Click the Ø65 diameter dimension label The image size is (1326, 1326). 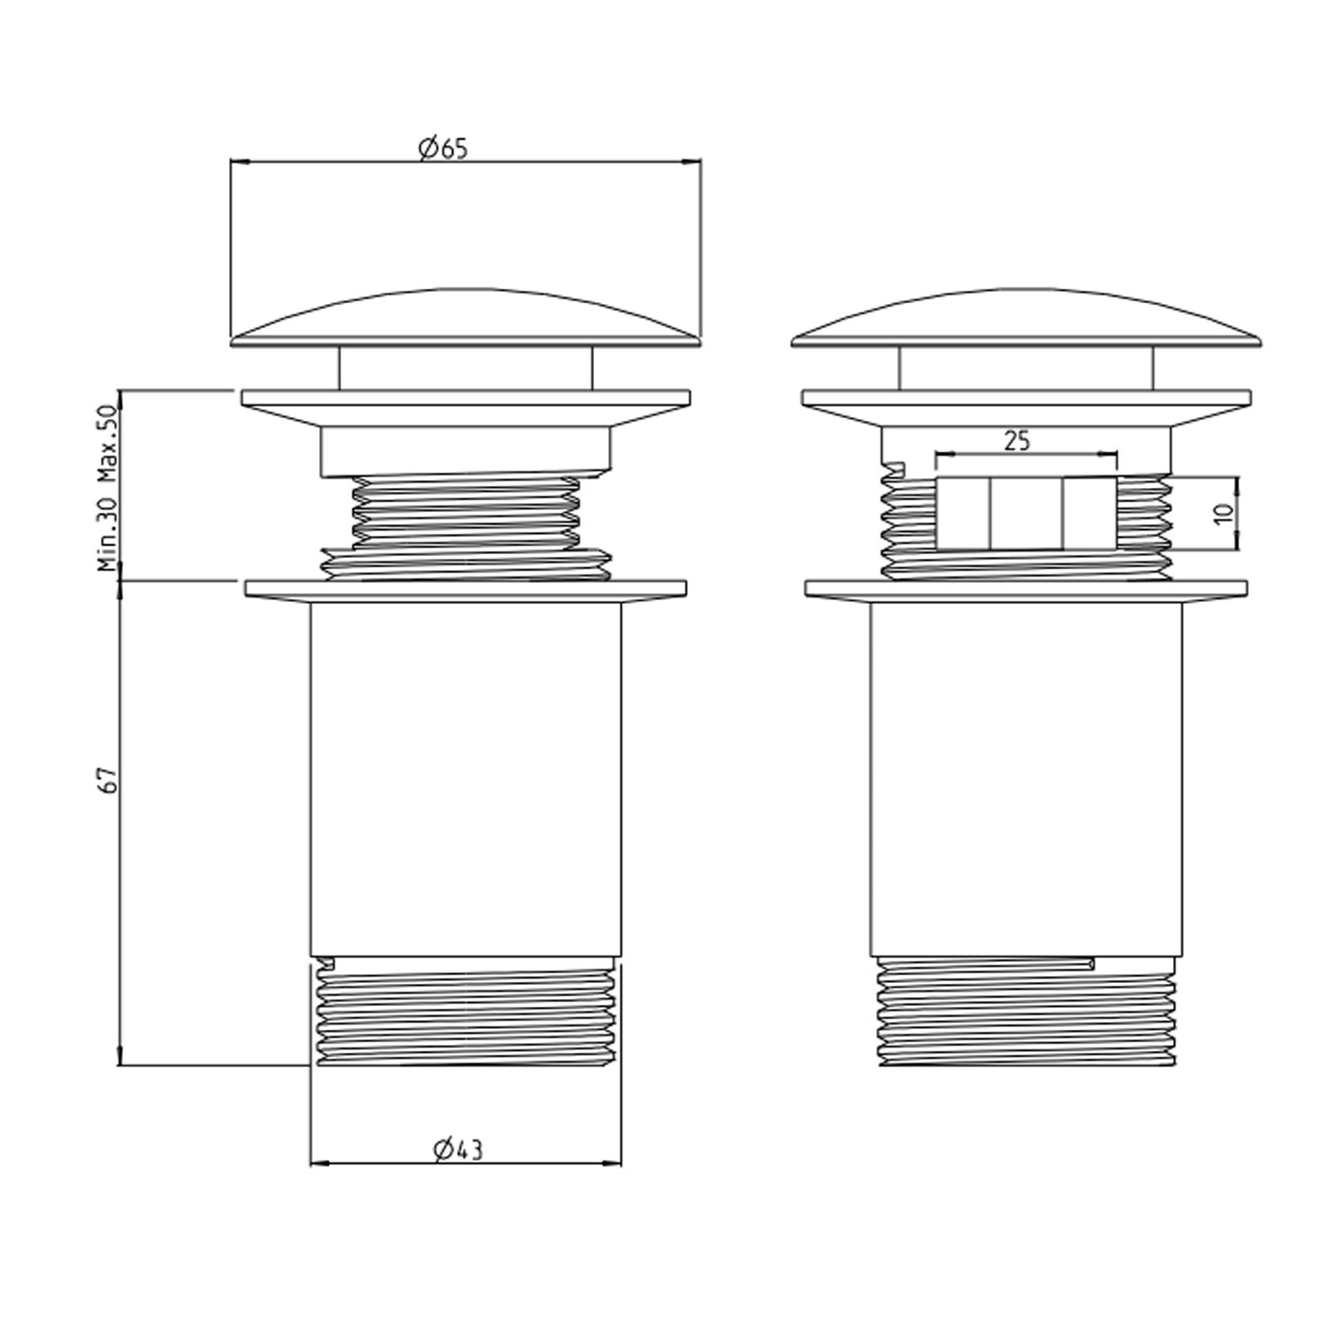(444, 149)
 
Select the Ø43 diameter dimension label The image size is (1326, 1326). (459, 1149)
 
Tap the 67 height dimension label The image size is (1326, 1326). (107, 780)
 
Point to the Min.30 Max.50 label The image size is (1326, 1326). (107, 488)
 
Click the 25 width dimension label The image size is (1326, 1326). (1017, 440)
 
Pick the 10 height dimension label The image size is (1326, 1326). (1223, 513)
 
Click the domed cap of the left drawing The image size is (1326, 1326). (465, 316)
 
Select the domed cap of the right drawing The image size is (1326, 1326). (1025, 316)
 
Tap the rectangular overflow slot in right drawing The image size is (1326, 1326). (1025, 514)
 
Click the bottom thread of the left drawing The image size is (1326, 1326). (466, 1012)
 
